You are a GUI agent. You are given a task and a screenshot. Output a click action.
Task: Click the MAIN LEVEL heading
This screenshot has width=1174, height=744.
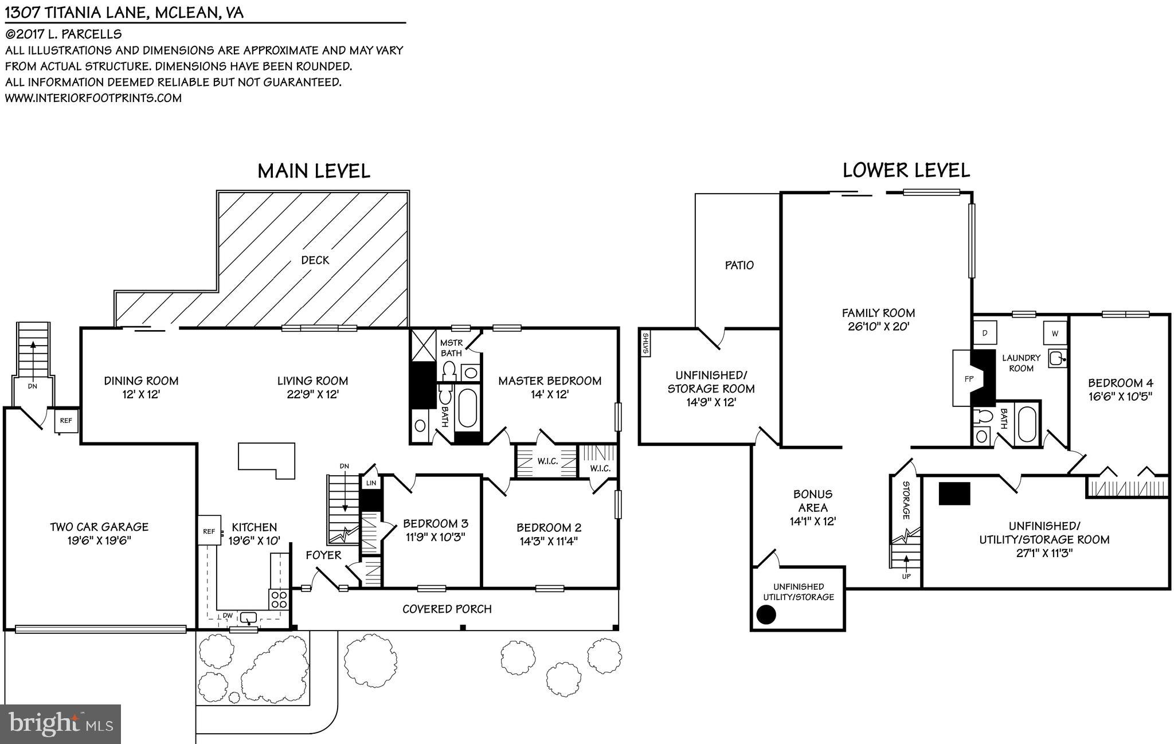pyautogui.click(x=314, y=171)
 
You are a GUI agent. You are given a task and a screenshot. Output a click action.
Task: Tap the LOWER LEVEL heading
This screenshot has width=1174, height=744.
pyautogui.click(x=906, y=170)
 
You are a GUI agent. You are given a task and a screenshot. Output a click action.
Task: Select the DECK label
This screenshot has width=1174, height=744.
pyautogui.click(x=315, y=260)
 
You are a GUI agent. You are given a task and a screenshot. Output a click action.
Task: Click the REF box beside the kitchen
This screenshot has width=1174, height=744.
pyautogui.click(x=209, y=531)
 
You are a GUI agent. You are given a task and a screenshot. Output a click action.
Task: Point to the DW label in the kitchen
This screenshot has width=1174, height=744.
pyautogui.click(x=228, y=616)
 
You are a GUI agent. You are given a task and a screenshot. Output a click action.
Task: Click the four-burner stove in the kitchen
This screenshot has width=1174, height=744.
pyautogui.click(x=279, y=600)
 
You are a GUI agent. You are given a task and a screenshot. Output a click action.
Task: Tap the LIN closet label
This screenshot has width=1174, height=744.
pyautogui.click(x=371, y=483)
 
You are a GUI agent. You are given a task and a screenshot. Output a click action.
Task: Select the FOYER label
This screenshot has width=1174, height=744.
pyautogui.click(x=323, y=555)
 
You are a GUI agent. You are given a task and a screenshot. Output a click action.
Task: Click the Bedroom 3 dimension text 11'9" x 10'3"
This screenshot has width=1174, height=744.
pyautogui.click(x=435, y=537)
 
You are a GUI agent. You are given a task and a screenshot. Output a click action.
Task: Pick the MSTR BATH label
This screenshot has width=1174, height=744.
pyautogui.click(x=451, y=348)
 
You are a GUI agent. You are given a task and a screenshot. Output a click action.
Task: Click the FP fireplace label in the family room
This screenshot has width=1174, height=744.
pyautogui.click(x=969, y=379)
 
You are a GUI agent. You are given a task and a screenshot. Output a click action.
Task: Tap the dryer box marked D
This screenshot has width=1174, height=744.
pyautogui.click(x=985, y=332)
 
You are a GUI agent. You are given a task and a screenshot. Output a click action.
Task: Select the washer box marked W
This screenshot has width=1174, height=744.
pyautogui.click(x=1055, y=333)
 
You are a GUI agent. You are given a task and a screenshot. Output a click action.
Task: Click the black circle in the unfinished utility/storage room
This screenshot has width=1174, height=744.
pyautogui.click(x=766, y=614)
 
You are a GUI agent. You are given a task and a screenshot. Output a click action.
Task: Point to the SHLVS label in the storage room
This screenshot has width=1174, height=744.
pyautogui.click(x=645, y=344)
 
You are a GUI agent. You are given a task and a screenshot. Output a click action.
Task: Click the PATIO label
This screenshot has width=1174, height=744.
pyautogui.click(x=739, y=265)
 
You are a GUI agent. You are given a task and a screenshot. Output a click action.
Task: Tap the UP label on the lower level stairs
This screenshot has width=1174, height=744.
pyautogui.click(x=906, y=576)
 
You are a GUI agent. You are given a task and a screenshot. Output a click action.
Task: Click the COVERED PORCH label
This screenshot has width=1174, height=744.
pyautogui.click(x=447, y=609)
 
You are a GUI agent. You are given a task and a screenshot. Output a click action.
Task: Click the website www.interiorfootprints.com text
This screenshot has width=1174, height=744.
pyautogui.click(x=93, y=98)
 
